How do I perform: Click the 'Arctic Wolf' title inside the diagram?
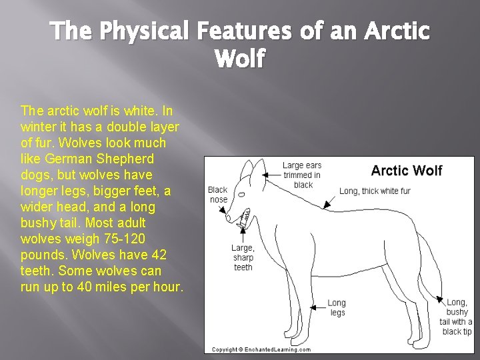[406, 171]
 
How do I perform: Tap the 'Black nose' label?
[218, 195]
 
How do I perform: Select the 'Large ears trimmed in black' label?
[302, 175]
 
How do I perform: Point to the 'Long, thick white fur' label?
[375, 191]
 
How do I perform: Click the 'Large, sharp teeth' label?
[243, 258]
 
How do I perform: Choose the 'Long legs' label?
[337, 308]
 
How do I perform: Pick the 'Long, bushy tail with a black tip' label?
[457, 317]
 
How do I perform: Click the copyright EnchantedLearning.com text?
[261, 349]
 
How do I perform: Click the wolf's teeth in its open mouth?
[244, 216]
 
